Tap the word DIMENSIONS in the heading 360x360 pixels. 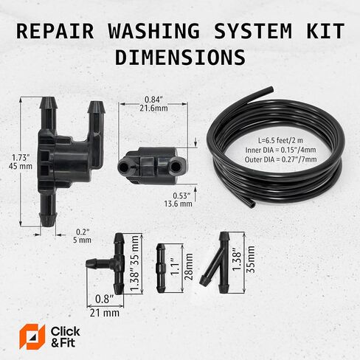click(181, 57)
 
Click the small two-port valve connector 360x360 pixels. click(152, 164)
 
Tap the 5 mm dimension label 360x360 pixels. click(83, 240)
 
